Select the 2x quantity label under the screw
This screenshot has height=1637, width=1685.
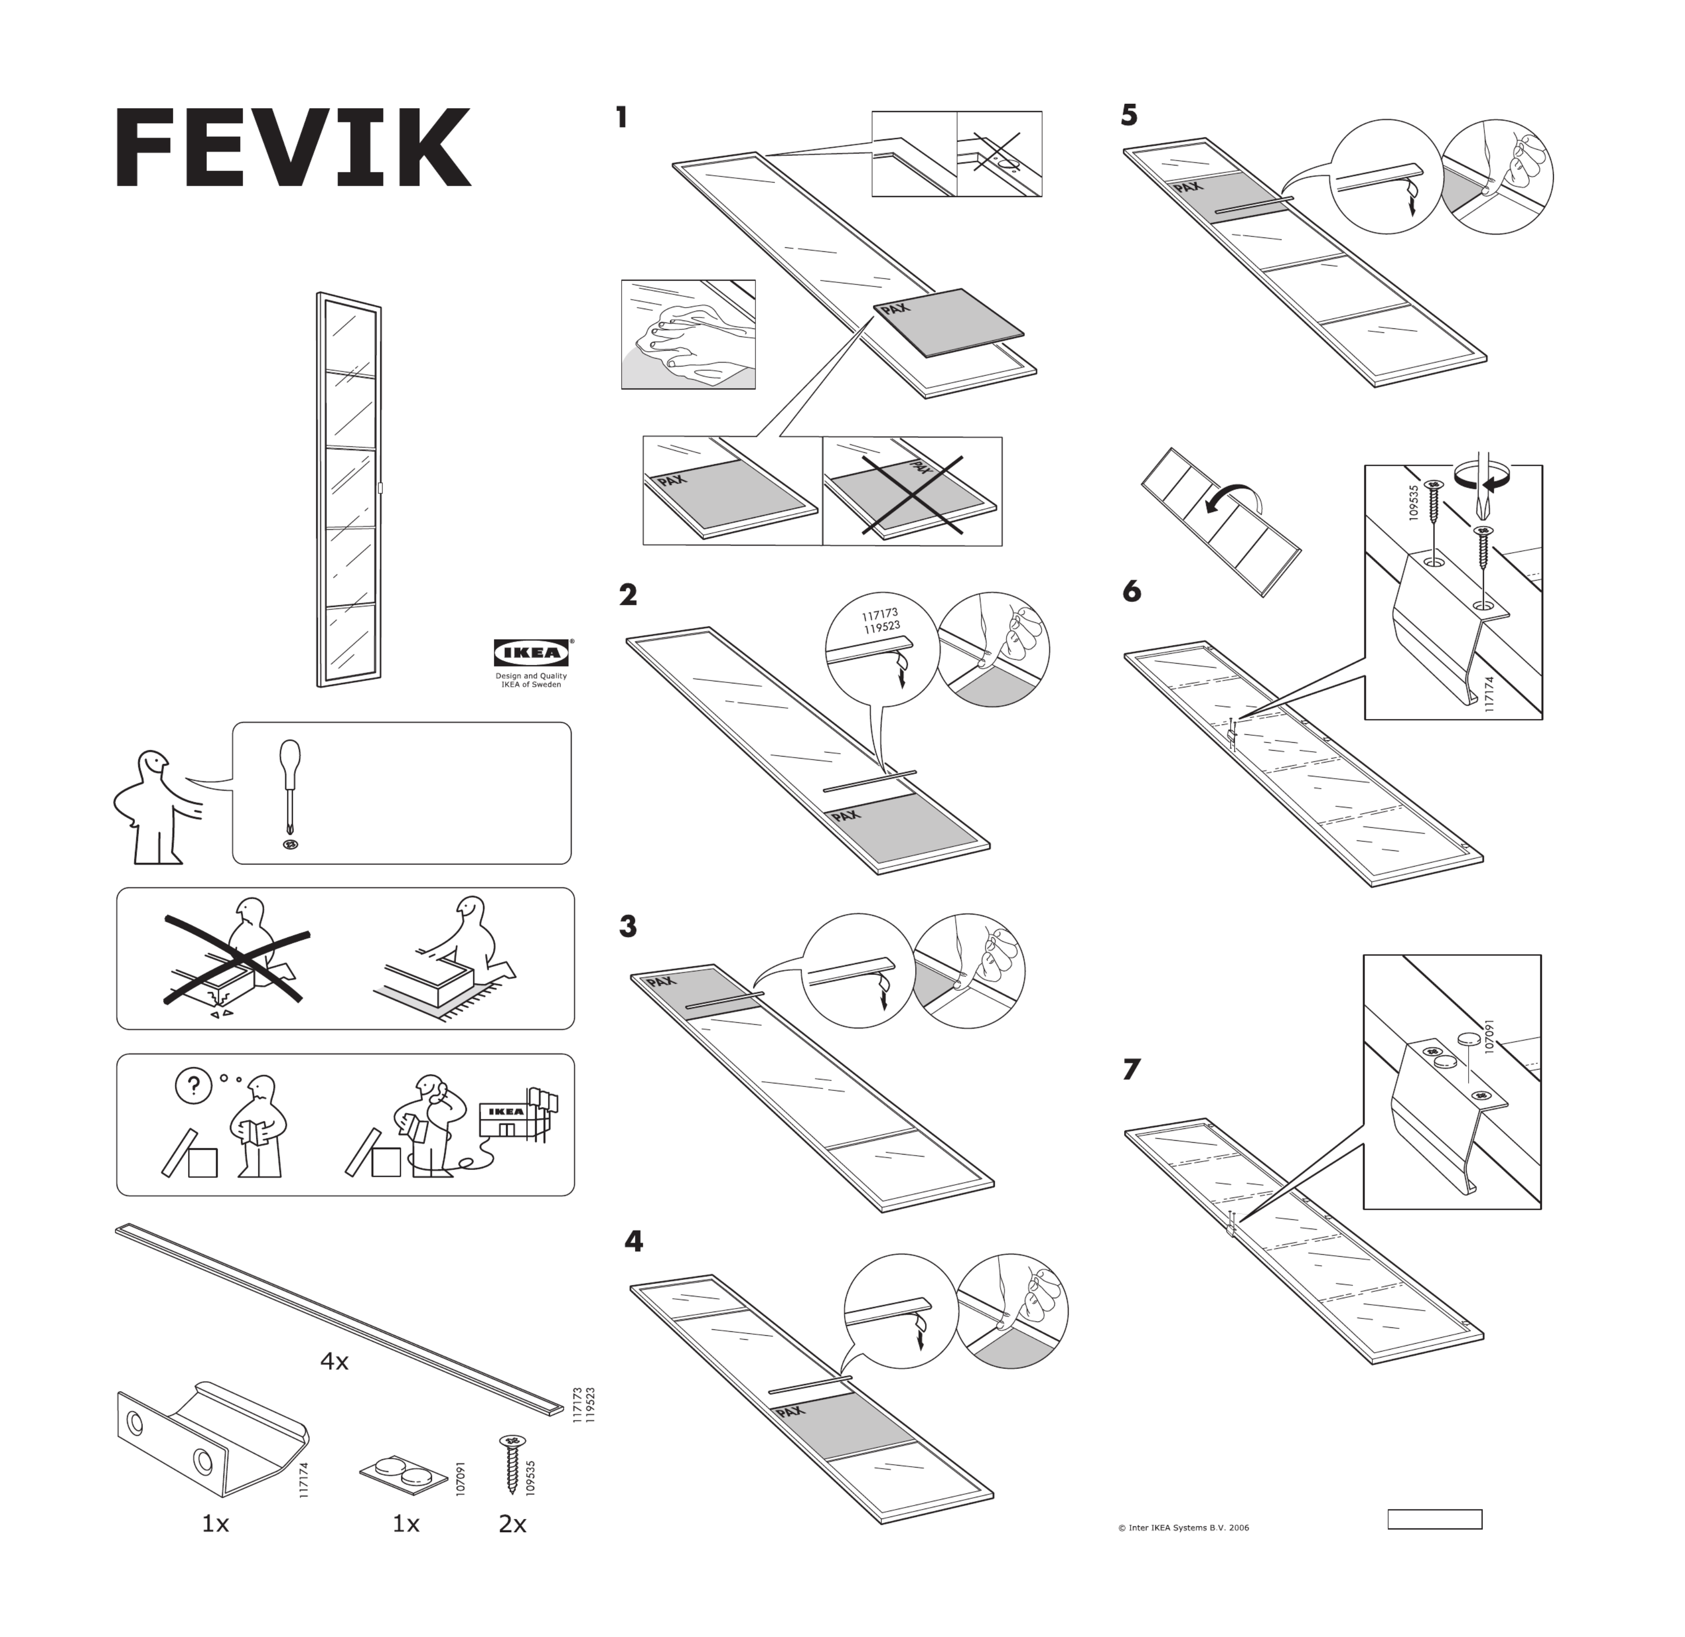pos(512,1523)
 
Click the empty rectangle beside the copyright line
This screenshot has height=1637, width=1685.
pos(1434,1519)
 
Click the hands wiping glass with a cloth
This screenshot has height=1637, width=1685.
pos(688,334)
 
